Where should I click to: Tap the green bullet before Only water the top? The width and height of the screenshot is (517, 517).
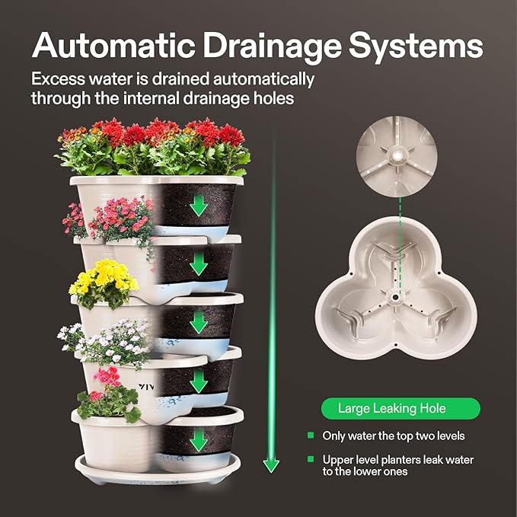coord(311,436)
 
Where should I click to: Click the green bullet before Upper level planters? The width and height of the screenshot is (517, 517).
coord(311,460)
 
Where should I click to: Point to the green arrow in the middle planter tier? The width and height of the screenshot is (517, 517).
coord(199,323)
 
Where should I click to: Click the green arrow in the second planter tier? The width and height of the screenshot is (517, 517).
coord(199,263)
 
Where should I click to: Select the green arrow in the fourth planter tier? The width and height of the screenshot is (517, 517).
coord(199,381)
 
